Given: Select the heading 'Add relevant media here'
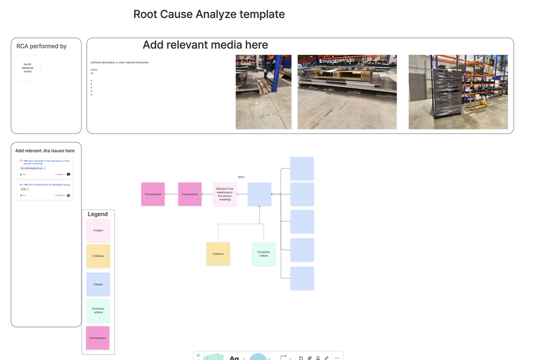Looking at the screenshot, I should click(205, 45).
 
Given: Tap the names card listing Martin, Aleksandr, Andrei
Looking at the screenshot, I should click(27, 68).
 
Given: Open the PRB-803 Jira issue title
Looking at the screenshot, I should click(46, 162).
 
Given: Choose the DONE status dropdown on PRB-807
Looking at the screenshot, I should click(24, 189).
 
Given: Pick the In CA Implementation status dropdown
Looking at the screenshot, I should click(33, 168).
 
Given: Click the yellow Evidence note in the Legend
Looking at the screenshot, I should click(98, 256).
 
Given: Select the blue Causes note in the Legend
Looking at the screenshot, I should click(98, 284).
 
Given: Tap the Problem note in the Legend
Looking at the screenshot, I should click(98, 230).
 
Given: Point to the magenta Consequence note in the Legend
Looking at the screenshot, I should click(98, 338).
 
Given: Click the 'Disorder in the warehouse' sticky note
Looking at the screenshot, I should click(225, 194).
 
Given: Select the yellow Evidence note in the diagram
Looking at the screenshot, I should click(218, 254).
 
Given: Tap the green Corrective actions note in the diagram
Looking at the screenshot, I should click(264, 254).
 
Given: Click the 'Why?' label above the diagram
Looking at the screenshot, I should click(241, 177).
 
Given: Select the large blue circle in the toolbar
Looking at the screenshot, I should click(258, 357).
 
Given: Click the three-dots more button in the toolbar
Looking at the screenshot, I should click(337, 358).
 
